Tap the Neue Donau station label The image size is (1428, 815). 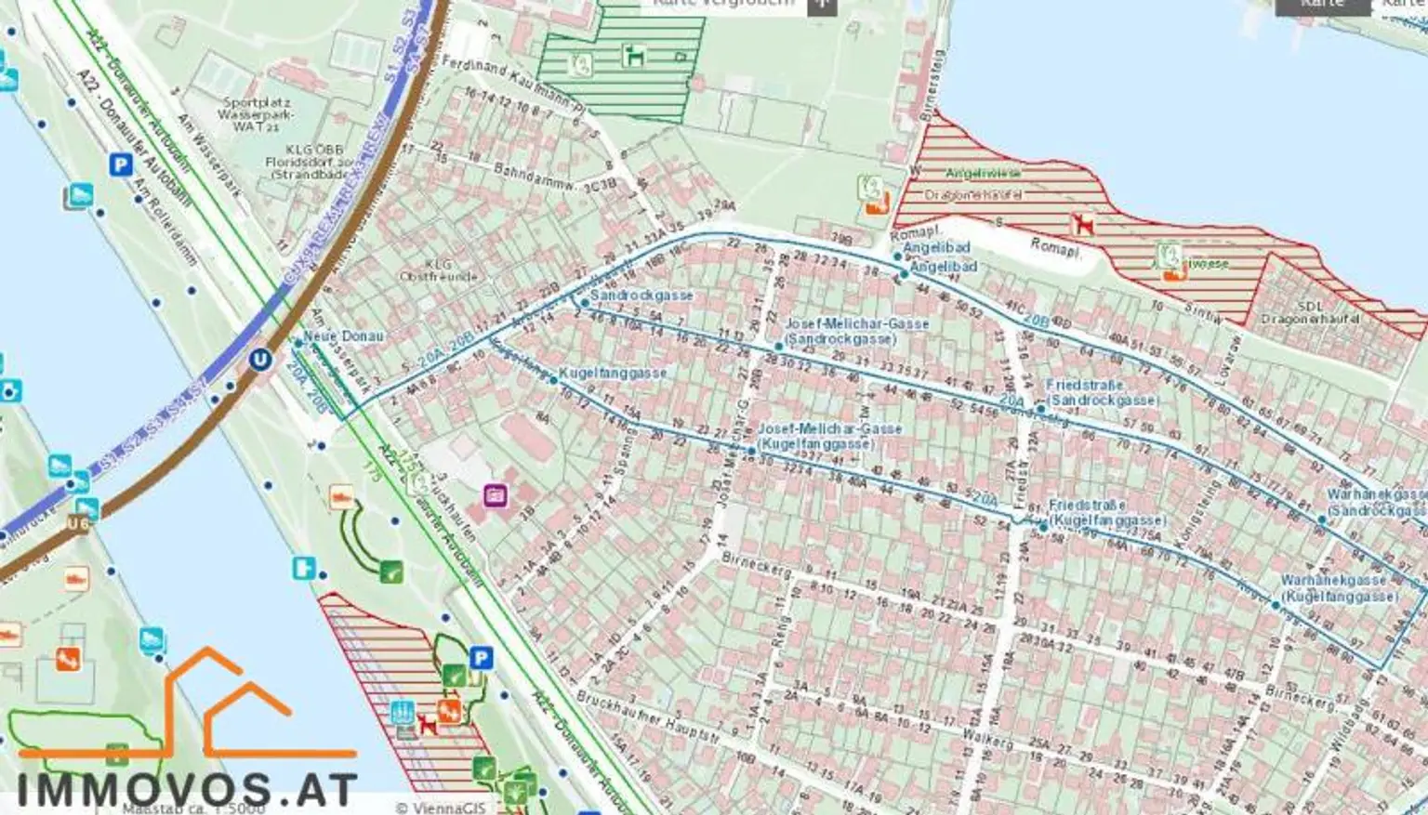tap(343, 336)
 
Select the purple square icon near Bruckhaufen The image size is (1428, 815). tap(496, 495)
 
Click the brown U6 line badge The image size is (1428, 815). tap(80, 524)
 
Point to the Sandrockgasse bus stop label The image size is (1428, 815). tap(641, 296)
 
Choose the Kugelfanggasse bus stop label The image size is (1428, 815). tap(613, 373)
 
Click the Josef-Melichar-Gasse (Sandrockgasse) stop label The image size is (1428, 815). tap(856, 331)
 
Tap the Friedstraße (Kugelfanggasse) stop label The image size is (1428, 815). tap(1105, 513)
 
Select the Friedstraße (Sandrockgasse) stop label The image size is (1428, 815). tap(1102, 392)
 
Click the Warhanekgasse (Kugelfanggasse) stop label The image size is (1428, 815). tap(1339, 587)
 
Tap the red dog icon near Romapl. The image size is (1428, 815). tap(1081, 224)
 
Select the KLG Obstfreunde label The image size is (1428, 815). tap(438, 270)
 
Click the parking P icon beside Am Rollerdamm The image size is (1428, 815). tap(120, 165)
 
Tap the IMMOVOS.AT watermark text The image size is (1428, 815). tap(186, 789)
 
